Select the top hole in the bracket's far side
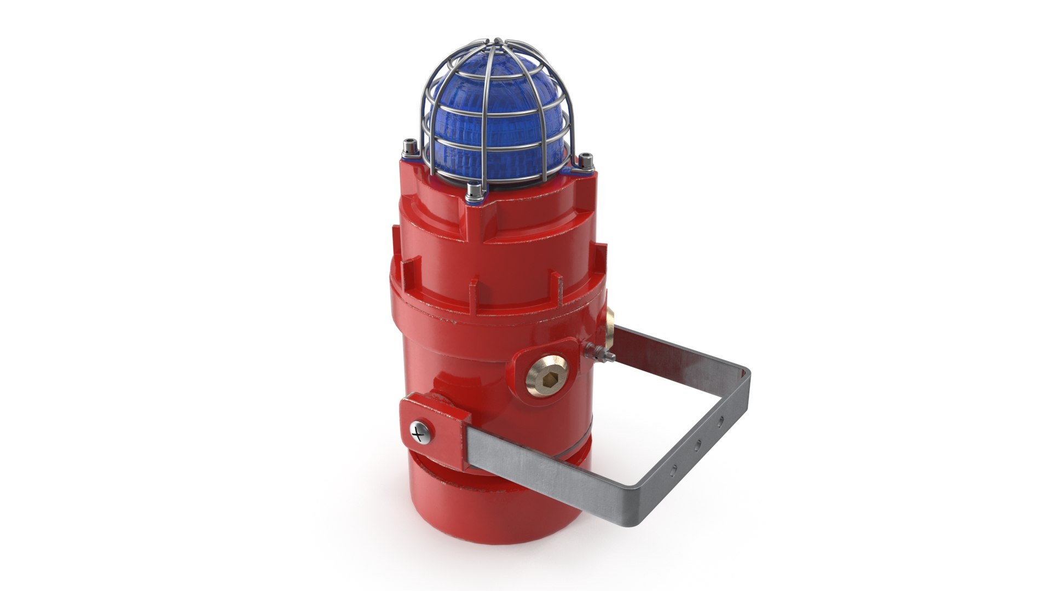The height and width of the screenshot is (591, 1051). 721,421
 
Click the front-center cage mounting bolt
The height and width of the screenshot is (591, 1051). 475,191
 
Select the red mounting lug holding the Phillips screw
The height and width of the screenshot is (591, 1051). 432,421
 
